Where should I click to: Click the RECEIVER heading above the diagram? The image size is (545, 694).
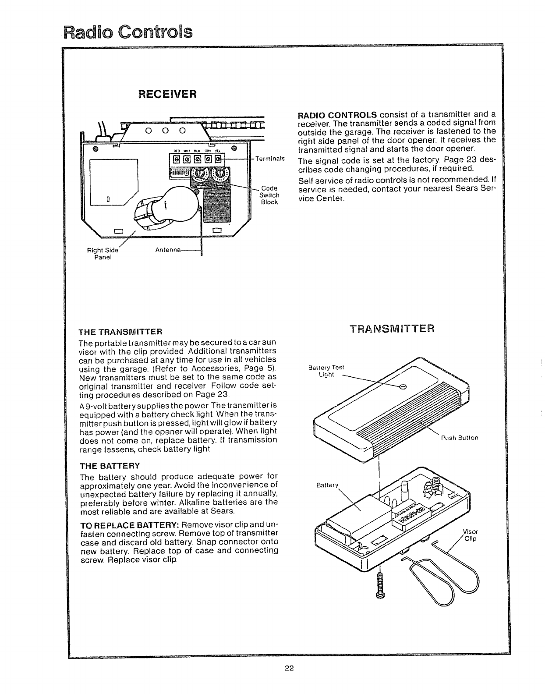[166, 94]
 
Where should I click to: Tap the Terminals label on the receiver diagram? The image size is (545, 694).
[270, 159]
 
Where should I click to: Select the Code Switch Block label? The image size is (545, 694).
[269, 195]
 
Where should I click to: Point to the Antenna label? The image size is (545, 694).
[168, 250]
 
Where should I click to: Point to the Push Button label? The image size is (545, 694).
[459, 437]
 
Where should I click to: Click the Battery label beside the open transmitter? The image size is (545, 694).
[328, 485]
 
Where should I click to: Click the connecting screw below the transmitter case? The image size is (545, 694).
[379, 585]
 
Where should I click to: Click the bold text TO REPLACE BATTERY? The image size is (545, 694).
[129, 525]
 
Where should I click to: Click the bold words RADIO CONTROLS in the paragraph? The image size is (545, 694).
[337, 115]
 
